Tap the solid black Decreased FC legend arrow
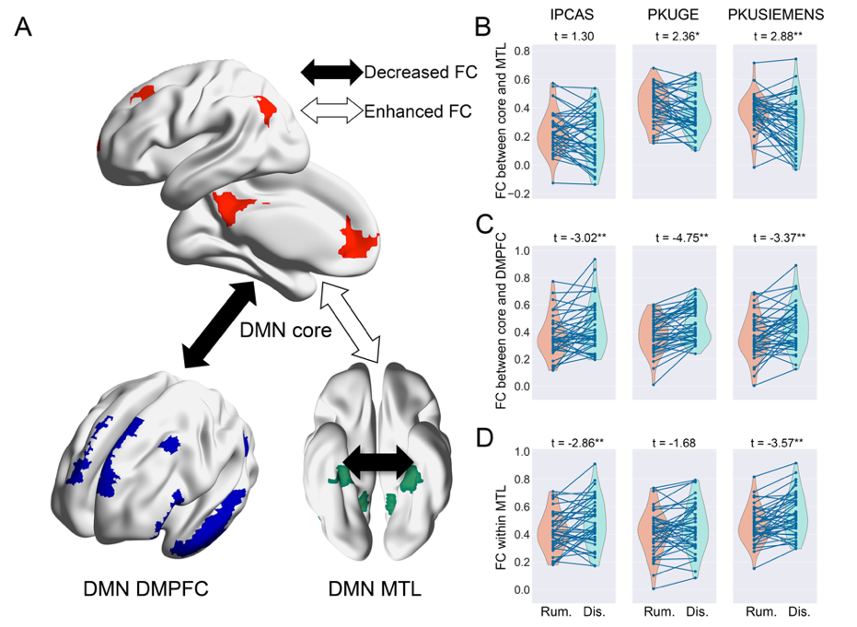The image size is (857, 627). pyautogui.click(x=332, y=71)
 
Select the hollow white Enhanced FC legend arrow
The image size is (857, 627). pyautogui.click(x=332, y=111)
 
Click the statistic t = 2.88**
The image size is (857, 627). pyautogui.click(x=775, y=37)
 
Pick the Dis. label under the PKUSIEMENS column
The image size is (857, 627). pyautogui.click(x=799, y=610)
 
